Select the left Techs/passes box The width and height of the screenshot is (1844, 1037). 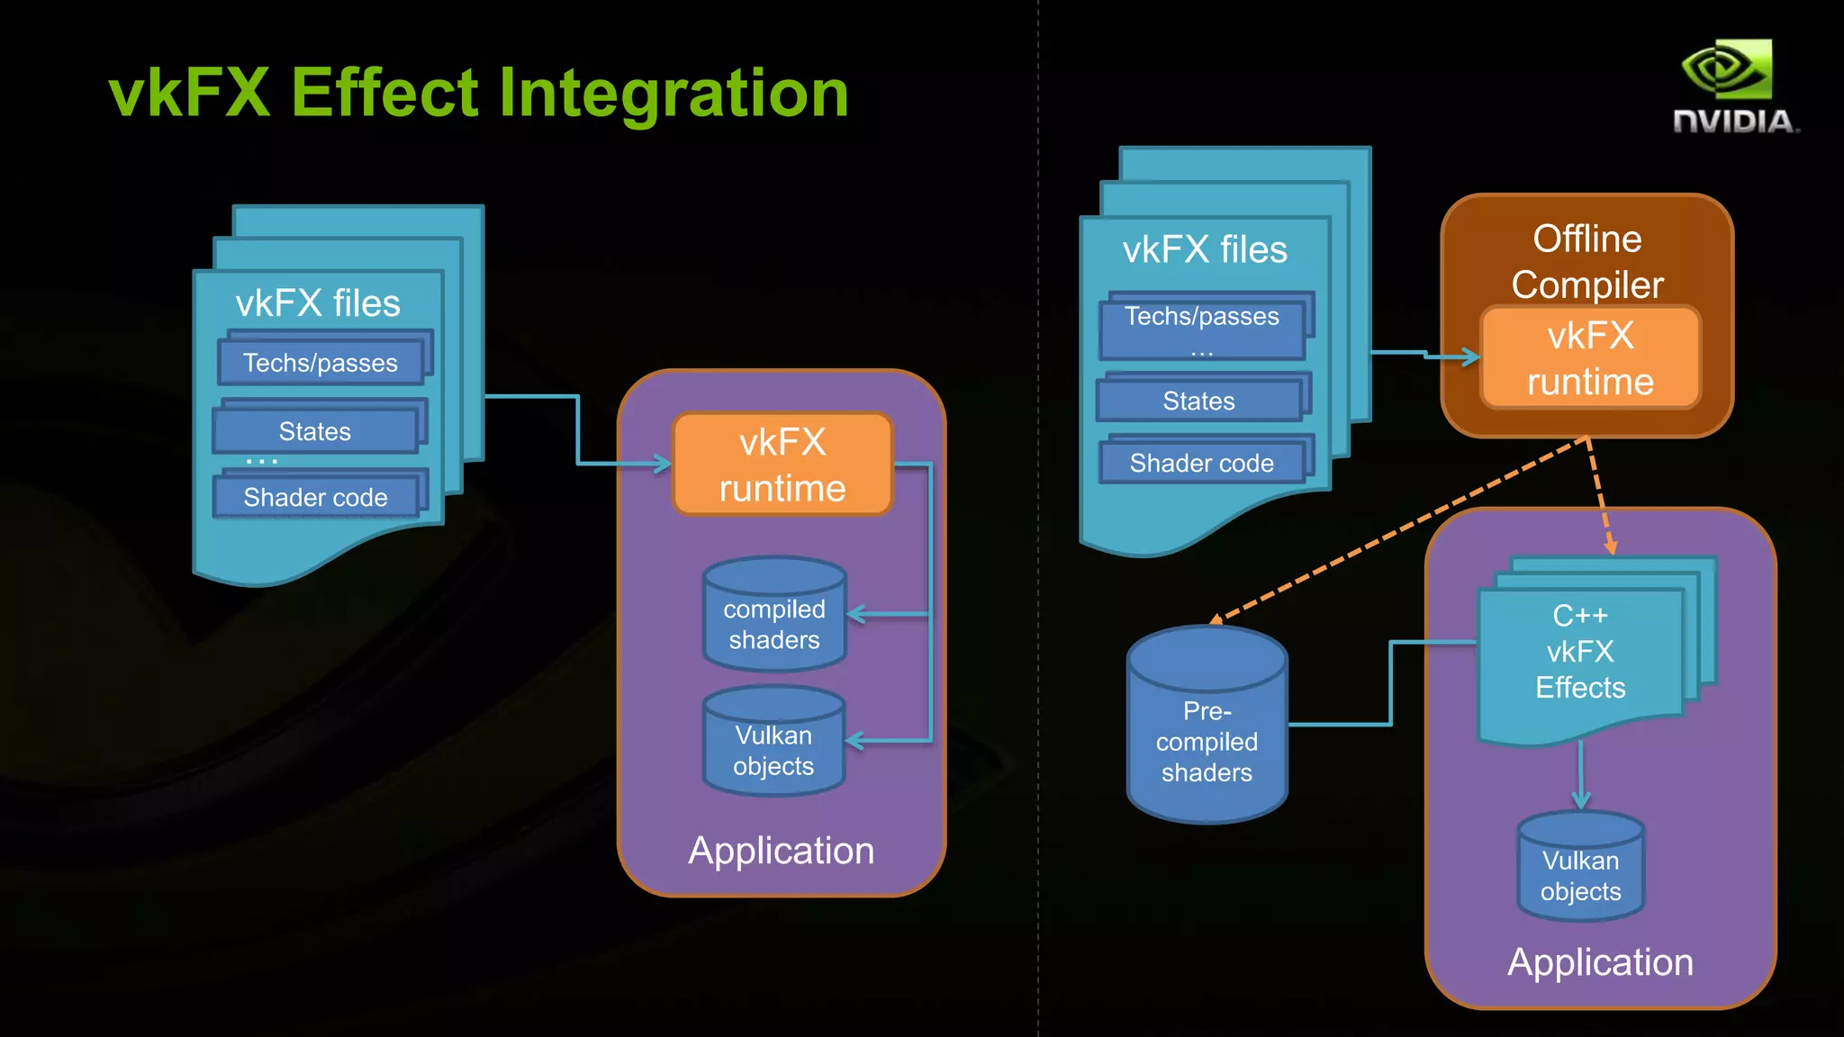click(321, 362)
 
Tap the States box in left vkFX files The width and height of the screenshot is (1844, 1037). click(315, 431)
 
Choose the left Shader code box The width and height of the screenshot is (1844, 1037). click(315, 497)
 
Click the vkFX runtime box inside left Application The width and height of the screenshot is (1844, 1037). click(782, 464)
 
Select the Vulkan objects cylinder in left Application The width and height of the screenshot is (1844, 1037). click(773, 746)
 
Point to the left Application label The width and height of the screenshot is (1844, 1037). click(781, 850)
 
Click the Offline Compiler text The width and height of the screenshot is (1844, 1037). click(1586, 261)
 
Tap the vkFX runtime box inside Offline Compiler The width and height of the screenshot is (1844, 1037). click(1590, 358)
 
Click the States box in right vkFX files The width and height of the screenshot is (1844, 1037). click(1198, 401)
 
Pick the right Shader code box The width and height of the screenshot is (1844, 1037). click(1201, 463)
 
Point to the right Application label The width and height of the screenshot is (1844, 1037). click(1600, 961)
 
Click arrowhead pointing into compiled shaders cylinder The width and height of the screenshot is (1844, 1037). click(855, 615)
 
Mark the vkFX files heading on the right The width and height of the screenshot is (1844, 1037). click(1204, 249)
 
